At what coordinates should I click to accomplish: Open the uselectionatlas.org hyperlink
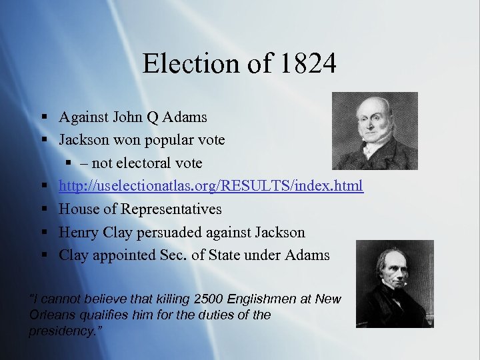(x=211, y=186)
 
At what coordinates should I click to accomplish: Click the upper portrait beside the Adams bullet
(x=375, y=131)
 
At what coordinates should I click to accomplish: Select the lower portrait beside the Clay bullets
(x=394, y=283)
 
